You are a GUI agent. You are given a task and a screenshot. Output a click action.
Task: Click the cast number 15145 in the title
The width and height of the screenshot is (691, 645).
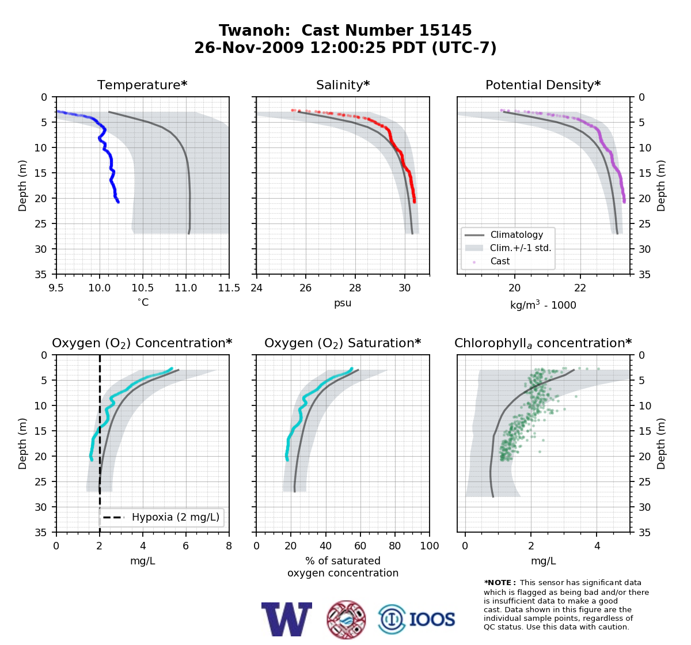tap(445, 31)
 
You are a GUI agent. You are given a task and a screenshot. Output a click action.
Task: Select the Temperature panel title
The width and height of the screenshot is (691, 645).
tap(142, 85)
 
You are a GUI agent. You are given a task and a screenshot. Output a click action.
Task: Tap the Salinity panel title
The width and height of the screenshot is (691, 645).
tap(343, 85)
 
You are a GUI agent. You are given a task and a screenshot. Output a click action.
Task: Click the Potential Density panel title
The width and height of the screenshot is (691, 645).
tap(543, 85)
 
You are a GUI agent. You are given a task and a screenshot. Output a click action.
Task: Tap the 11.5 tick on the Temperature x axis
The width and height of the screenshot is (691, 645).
tap(229, 288)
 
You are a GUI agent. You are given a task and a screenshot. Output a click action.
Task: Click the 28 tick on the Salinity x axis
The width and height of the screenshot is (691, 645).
tap(355, 288)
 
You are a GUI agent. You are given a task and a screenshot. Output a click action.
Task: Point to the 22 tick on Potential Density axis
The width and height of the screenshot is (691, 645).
tap(580, 288)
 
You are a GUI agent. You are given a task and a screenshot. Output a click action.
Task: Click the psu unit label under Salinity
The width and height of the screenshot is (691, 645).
tap(343, 303)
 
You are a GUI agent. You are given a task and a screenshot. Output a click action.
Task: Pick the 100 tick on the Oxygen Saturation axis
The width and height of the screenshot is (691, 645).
tap(430, 546)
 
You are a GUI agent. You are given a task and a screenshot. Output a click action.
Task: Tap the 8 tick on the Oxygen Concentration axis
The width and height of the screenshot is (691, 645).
tap(229, 546)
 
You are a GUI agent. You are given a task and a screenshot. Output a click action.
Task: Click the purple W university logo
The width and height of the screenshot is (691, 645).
tap(287, 620)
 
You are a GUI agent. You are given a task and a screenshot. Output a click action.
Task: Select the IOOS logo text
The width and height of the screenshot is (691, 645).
tap(432, 619)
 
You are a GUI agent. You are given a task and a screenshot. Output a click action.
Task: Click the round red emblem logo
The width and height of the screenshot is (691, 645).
tap(346, 620)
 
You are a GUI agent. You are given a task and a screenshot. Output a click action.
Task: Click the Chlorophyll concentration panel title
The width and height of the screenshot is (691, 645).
tap(543, 343)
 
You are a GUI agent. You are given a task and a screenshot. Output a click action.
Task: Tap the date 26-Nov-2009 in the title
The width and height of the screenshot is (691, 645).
tap(249, 48)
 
